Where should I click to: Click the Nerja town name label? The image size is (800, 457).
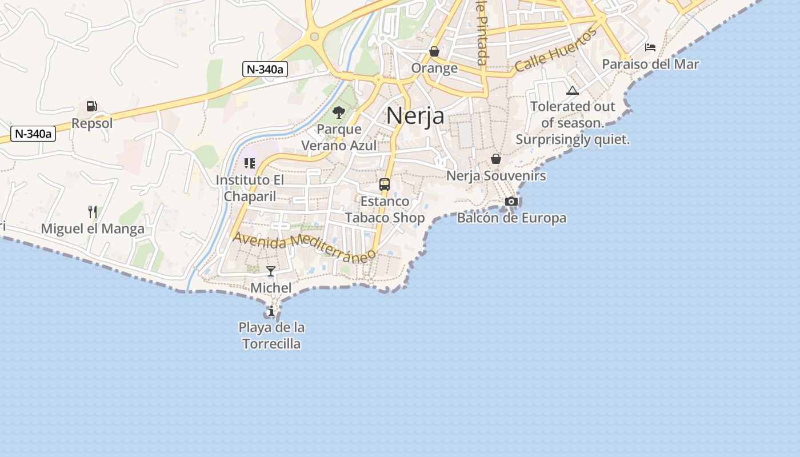(x=415, y=115)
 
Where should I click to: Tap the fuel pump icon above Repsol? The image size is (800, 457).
(x=91, y=106)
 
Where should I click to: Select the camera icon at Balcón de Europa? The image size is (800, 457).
(x=511, y=201)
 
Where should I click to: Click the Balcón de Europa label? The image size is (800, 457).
(x=511, y=218)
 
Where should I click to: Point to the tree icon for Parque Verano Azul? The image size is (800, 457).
(x=339, y=113)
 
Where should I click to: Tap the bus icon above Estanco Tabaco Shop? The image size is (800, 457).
(x=385, y=185)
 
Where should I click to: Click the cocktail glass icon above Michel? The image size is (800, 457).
(x=271, y=271)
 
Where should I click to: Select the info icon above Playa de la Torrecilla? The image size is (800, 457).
(x=271, y=311)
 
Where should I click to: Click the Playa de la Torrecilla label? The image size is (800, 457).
(x=271, y=336)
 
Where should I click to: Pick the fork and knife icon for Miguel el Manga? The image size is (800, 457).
(x=93, y=212)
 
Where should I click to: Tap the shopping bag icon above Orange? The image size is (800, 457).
(x=434, y=51)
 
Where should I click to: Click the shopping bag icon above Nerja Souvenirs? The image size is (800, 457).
(x=496, y=159)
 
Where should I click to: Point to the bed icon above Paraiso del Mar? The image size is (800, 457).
(x=650, y=47)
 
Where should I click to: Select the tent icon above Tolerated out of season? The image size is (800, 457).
(x=573, y=90)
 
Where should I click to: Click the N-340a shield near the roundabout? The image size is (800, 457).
(x=265, y=69)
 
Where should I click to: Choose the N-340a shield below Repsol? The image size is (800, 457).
(x=33, y=134)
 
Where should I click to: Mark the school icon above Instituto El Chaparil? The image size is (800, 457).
(x=250, y=163)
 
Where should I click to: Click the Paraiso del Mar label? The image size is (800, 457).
(x=650, y=64)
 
